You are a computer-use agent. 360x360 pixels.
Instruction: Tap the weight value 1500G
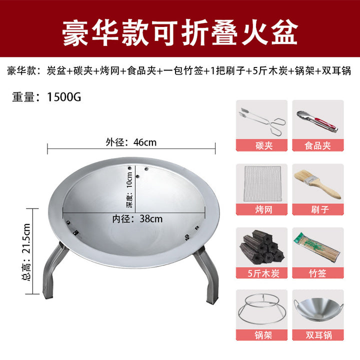(64, 97)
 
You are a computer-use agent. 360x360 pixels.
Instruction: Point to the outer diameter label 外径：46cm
(131, 142)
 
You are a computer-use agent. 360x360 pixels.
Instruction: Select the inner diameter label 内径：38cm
(137, 219)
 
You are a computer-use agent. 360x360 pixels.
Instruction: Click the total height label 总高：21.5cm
(26, 251)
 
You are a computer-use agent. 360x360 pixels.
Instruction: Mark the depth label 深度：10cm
(129, 190)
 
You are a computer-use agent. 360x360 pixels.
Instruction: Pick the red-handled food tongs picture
(317, 121)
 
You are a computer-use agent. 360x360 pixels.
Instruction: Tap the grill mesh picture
(262, 183)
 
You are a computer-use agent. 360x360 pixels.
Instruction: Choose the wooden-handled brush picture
(317, 183)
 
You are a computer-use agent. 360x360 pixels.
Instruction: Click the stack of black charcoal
(261, 246)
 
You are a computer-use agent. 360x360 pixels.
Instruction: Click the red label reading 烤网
(261, 209)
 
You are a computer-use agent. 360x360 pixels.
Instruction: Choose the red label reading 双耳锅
(318, 335)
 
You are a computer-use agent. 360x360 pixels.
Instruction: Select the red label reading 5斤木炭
(261, 273)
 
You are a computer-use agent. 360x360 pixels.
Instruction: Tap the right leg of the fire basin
(207, 275)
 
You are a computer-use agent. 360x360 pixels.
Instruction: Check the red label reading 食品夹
(318, 145)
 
